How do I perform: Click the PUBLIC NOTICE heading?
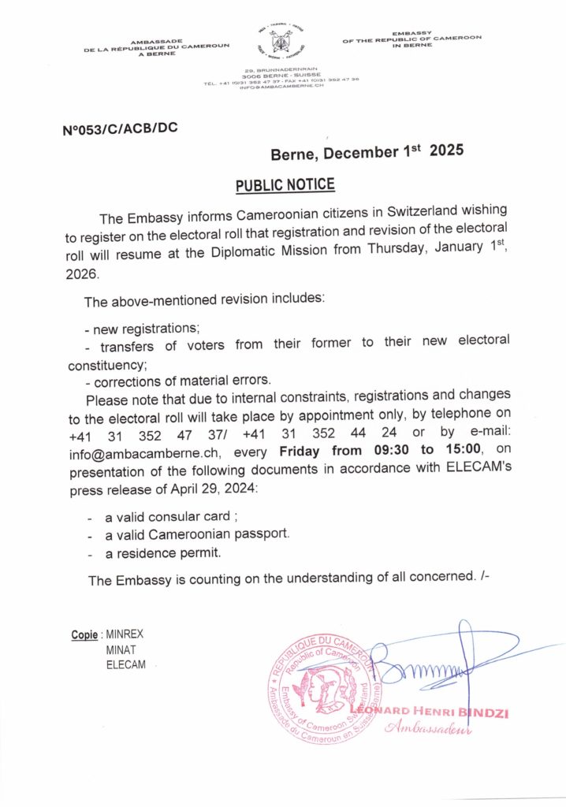pos(285,185)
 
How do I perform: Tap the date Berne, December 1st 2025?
pos(367,152)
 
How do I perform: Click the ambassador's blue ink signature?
pos(441,666)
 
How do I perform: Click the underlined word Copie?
pos(84,634)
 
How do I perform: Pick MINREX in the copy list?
pos(125,634)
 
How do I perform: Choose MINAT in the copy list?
pos(121,650)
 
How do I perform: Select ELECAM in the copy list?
pos(126,666)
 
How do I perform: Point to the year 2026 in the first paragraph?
pos(80,275)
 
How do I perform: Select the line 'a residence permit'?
pos(158,552)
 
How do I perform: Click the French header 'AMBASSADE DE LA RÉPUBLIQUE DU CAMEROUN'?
pos(156,48)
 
